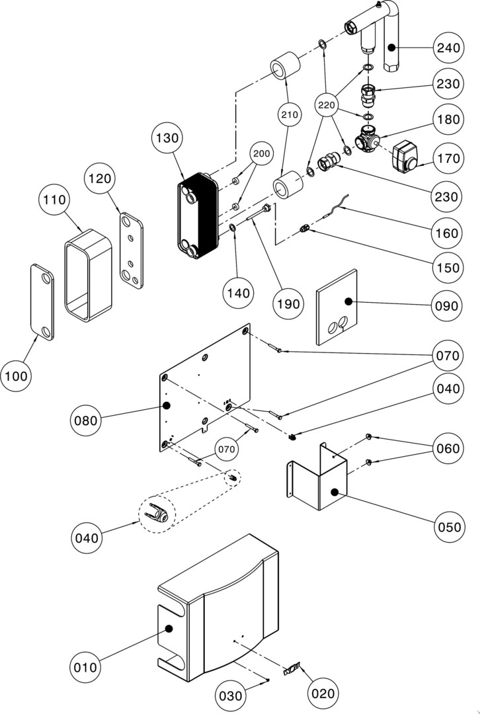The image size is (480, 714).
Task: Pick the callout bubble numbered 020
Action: pos(322,694)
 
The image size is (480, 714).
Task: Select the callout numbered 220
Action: pos(327,105)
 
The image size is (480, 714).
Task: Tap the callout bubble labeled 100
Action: pos(17,376)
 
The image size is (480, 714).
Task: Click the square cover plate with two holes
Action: pos(336,307)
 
